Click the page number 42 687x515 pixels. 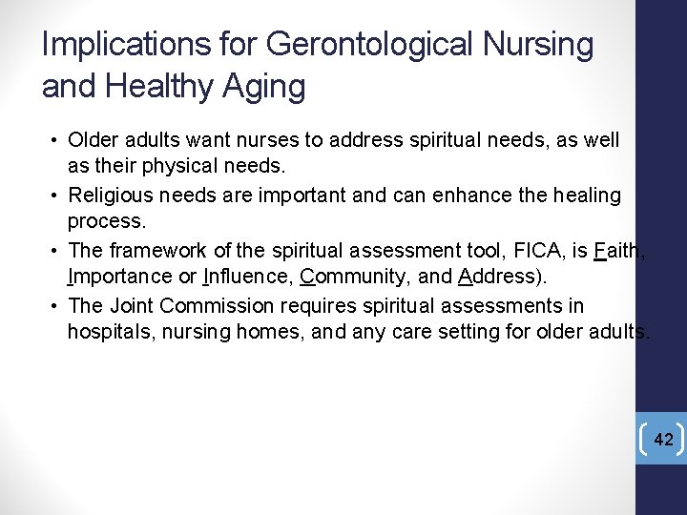pos(664,440)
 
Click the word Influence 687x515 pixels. pos(248,278)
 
